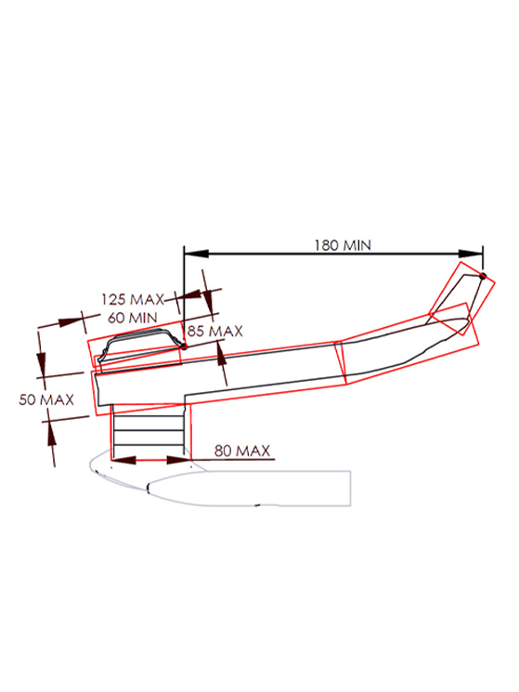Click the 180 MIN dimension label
[343, 245]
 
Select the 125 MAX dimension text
[132, 300]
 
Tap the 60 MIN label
[132, 318]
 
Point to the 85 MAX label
[214, 331]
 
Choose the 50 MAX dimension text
[46, 399]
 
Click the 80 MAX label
[242, 450]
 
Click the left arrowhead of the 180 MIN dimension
[196, 254]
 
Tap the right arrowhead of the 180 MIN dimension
[471, 254]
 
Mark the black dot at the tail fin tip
[483, 276]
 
